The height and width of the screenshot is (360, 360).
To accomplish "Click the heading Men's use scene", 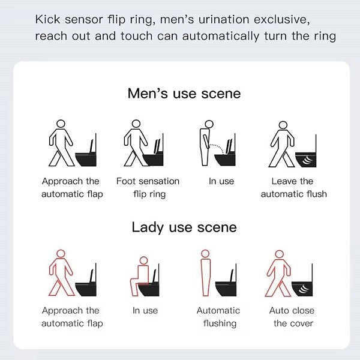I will click(184, 94).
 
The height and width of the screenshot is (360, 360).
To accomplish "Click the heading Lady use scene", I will click(184, 227).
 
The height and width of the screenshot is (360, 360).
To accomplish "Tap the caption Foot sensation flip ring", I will click(148, 187).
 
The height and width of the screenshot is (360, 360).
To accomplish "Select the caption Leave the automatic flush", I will click(293, 187).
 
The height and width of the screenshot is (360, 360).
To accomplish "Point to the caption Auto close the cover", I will click(293, 317).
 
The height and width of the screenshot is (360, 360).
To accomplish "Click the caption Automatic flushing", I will click(218, 317).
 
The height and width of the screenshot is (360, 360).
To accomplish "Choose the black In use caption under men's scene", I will click(221, 181).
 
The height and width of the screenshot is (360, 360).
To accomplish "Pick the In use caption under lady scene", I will click(145, 311).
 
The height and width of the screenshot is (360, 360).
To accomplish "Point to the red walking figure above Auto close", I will click(278, 273).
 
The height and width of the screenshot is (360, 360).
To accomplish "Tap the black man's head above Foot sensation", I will click(134, 124).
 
